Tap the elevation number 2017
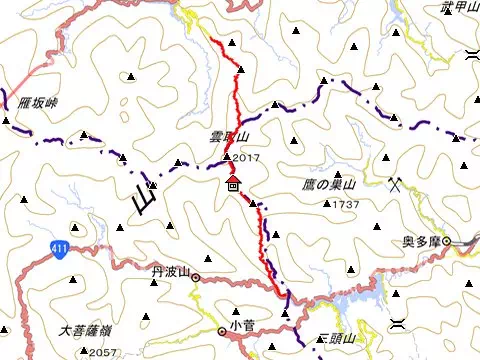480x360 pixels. click(x=245, y=158)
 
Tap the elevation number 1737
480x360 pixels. click(x=346, y=204)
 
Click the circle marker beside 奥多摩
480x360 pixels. click(x=447, y=241)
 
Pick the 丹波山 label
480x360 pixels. click(x=169, y=270)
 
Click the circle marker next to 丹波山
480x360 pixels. click(x=196, y=277)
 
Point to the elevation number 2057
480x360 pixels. click(x=103, y=351)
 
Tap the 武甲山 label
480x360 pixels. click(x=459, y=8)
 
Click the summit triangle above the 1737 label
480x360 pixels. click(x=327, y=204)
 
